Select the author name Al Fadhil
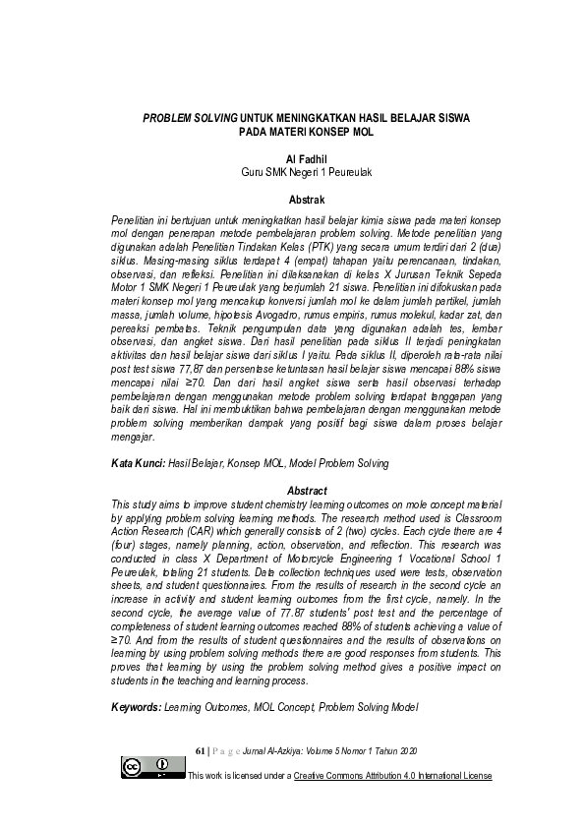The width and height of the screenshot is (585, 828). click(x=292, y=158)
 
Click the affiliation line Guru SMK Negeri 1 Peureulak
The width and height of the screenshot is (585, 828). click(x=292, y=172)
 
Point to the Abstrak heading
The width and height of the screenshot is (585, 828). click(x=292, y=200)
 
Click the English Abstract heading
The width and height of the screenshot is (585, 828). click(x=292, y=490)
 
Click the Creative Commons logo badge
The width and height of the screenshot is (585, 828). click(x=153, y=767)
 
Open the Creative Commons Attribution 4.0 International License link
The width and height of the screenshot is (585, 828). click(x=392, y=776)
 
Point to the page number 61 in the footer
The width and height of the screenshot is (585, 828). click(x=202, y=748)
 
